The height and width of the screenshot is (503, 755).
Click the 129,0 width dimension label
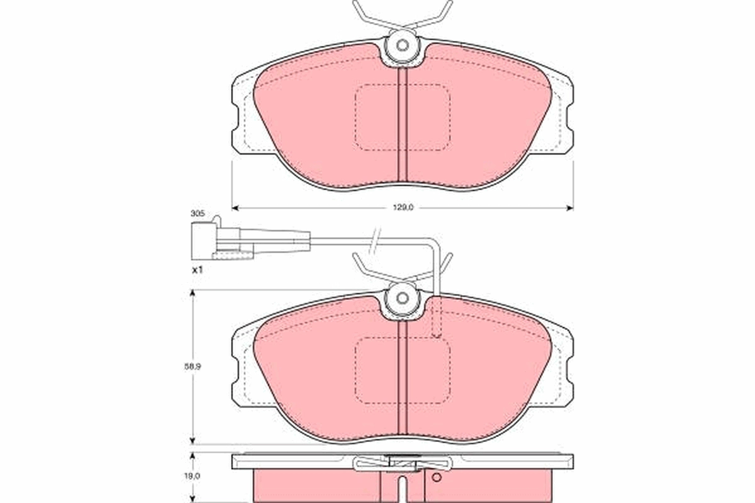tap(402, 207)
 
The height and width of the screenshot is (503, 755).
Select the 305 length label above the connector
tap(198, 214)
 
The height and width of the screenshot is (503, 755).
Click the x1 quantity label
tap(197, 269)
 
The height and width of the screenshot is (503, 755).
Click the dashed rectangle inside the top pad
tap(403, 118)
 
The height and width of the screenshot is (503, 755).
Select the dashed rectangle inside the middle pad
tap(403, 371)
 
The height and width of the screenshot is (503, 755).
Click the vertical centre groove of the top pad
tap(403, 126)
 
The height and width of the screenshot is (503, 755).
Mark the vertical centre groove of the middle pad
tap(403, 384)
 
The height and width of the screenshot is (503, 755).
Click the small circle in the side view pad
tap(434, 477)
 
